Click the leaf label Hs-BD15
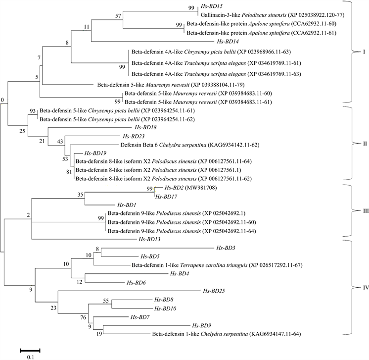pyautogui.click(x=211, y=6)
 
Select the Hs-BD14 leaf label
pyautogui.click(x=228, y=42)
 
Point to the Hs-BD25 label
pyautogui.click(x=213, y=291)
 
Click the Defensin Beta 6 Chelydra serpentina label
pyautogui.click(x=176, y=145)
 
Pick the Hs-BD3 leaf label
pyautogui.click(x=226, y=248)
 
